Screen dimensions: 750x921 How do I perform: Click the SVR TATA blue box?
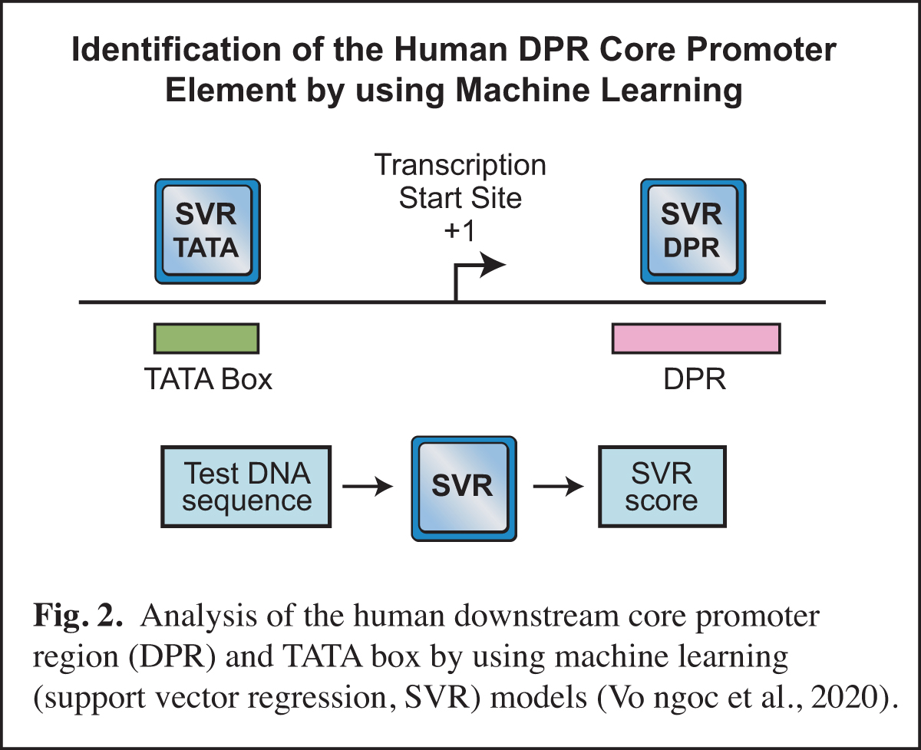point(207,230)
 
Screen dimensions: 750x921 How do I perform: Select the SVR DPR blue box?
point(692,230)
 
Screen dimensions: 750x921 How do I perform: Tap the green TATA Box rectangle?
point(207,338)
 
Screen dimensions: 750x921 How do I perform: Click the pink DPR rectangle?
point(696,338)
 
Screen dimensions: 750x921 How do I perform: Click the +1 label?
point(460,232)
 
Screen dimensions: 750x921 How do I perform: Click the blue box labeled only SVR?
point(463,487)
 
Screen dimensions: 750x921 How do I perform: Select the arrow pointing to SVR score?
point(558,487)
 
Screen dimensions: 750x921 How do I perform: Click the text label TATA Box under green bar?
point(208,380)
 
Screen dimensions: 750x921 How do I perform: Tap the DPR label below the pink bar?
point(696,380)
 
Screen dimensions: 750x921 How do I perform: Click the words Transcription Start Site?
point(460,182)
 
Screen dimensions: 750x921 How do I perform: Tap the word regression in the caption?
point(333,699)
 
